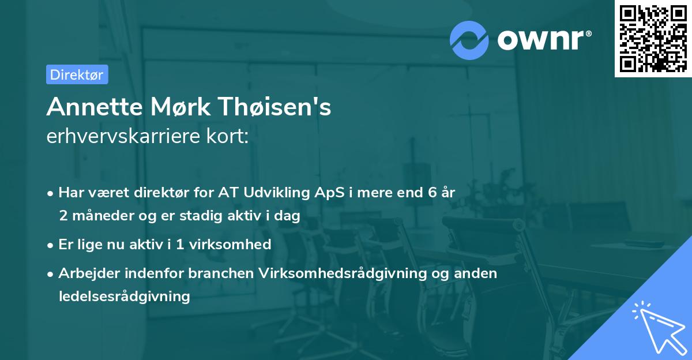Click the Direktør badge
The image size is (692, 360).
[x=77, y=74]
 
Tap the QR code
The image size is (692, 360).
[x=653, y=38]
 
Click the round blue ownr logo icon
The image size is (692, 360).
[x=469, y=40]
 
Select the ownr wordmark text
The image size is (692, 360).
[x=543, y=40]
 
